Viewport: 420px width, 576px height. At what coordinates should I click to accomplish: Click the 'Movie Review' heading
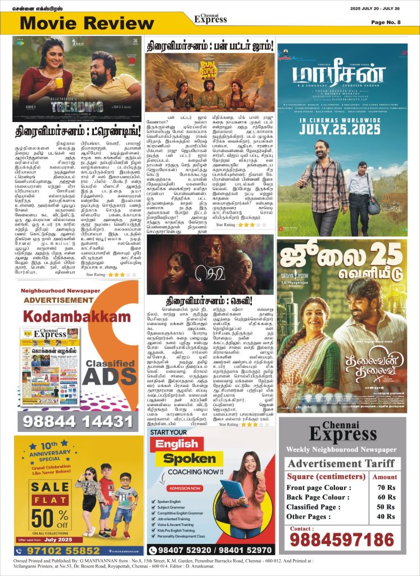click(x=80, y=24)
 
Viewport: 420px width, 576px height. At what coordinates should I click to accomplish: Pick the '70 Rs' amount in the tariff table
click(x=386, y=487)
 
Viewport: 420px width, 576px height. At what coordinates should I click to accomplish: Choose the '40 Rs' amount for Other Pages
click(x=386, y=516)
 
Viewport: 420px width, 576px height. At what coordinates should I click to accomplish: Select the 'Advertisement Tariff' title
click(x=341, y=463)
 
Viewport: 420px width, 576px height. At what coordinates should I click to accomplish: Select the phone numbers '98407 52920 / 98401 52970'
click(x=211, y=549)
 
